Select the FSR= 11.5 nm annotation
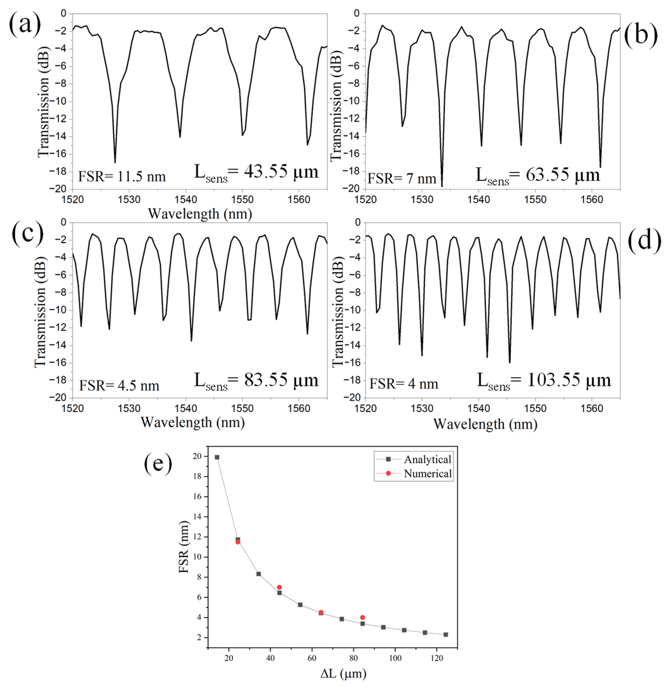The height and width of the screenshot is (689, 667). point(121,176)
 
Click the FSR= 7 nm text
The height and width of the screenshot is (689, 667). point(402,179)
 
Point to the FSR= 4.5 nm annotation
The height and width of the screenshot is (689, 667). point(119,386)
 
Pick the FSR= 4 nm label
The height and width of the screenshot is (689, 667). point(404,384)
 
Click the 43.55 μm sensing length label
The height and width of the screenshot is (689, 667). point(256,172)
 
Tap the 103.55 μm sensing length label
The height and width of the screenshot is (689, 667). point(544,381)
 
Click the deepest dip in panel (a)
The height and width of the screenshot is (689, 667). point(115,162)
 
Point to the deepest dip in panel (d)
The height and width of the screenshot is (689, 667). point(510,362)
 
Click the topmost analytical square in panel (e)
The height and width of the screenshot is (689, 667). point(217,457)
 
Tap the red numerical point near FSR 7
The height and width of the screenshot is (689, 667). point(279,587)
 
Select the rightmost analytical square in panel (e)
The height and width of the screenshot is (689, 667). point(446,635)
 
